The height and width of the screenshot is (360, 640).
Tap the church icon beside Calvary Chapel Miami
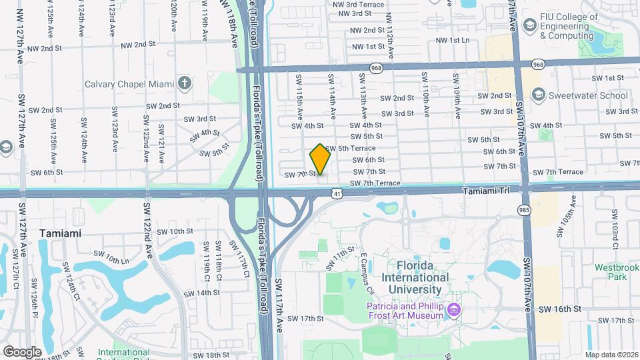[185, 84]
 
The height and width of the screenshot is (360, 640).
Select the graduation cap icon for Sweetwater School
[537, 95]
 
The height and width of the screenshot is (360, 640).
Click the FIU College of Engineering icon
[530, 25]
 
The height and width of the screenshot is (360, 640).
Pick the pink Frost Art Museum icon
[455, 310]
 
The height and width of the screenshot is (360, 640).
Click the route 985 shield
[525, 210]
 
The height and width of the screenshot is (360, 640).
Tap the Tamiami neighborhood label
[60, 233]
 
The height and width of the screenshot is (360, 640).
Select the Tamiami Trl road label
[486, 191]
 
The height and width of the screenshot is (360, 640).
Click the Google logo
[23, 351]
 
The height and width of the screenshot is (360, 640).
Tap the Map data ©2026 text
[611, 354]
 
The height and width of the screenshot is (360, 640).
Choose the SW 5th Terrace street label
[369, 148]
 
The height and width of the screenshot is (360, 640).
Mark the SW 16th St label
[561, 309]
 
